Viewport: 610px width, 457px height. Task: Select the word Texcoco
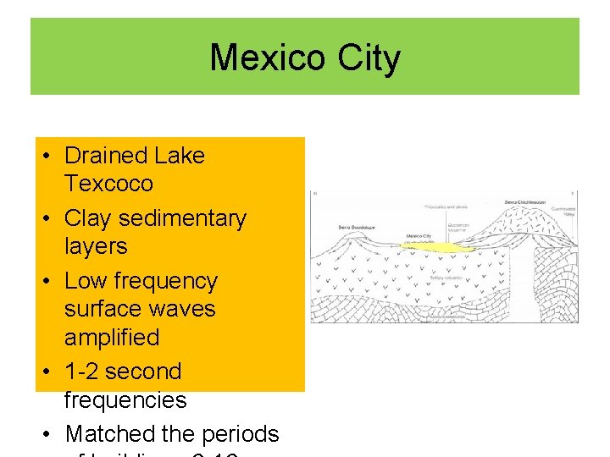pos(108,184)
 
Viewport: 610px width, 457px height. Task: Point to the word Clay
pos(88,218)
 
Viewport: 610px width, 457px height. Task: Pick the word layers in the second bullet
pos(96,246)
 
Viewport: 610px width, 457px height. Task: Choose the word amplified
pos(112,337)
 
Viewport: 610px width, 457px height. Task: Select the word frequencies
pos(125,399)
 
